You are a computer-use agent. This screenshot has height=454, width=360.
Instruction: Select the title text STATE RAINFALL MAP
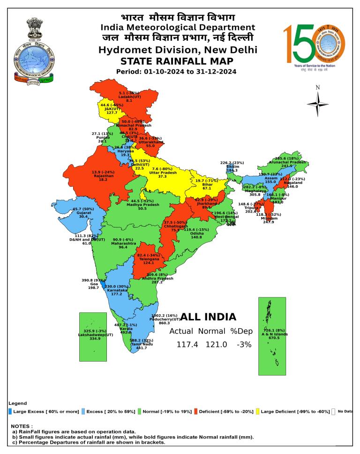point(177,61)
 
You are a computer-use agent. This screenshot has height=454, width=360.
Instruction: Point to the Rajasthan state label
point(104,176)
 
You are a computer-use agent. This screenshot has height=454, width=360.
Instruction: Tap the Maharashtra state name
point(123,244)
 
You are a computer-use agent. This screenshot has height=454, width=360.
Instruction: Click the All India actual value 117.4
point(187,345)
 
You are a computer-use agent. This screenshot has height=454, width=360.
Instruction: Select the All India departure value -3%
point(244,345)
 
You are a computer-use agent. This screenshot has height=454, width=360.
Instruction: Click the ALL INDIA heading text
point(208,317)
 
